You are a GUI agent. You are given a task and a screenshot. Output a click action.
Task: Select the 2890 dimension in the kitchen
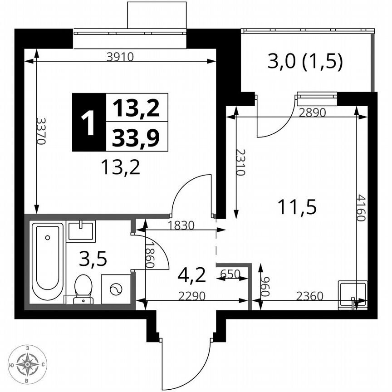tap(313, 113)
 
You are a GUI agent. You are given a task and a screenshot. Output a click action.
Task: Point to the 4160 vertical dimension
tap(360, 208)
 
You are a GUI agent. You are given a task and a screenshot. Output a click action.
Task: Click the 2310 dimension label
tap(240, 162)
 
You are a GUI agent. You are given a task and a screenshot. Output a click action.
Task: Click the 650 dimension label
tap(230, 274)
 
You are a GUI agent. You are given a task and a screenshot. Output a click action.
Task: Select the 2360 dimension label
tap(309, 296)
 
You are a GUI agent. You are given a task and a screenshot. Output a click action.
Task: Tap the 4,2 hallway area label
tap(191, 274)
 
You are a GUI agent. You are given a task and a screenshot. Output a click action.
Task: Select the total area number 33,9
tap(136, 137)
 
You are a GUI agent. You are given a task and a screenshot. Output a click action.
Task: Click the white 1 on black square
tap(88, 122)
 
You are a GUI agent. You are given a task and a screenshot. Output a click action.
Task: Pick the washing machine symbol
tap(115, 289)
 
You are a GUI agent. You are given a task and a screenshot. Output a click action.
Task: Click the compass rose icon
tap(28, 364)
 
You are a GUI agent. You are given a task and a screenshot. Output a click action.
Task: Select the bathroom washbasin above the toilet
tap(81, 231)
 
